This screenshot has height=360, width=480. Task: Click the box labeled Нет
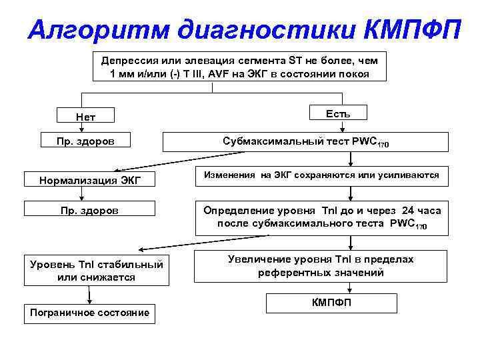pyautogui.click(x=86, y=117)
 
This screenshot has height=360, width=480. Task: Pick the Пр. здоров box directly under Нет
pyautogui.click(x=86, y=141)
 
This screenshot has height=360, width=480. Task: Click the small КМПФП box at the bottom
pyautogui.click(x=331, y=303)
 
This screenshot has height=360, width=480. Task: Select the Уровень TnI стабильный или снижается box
pyautogui.click(x=96, y=270)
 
